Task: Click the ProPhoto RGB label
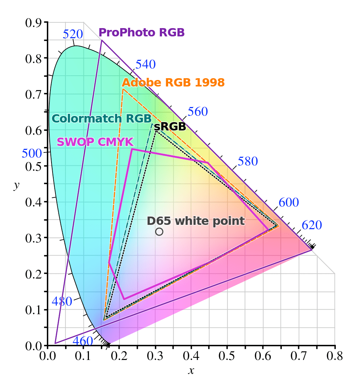pyautogui.click(x=141, y=33)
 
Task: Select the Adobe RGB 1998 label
pyautogui.click(x=173, y=83)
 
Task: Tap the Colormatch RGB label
pyautogui.click(x=102, y=119)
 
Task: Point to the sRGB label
pyautogui.click(x=170, y=126)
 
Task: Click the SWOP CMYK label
pyautogui.click(x=95, y=142)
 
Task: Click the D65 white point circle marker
pyautogui.click(x=159, y=232)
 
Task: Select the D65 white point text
pyautogui.click(x=195, y=221)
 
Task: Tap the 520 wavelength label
pyautogui.click(x=73, y=34)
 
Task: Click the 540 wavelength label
pyautogui.click(x=145, y=64)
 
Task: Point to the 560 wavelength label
pyautogui.click(x=198, y=112)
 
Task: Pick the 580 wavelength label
pyautogui.click(x=248, y=161)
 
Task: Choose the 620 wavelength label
pyautogui.click(x=311, y=225)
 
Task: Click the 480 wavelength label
pyautogui.click(x=62, y=302)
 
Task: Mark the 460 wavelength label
pyautogui.click(x=83, y=341)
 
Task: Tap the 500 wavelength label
pyautogui.click(x=32, y=153)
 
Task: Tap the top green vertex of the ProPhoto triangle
pyautogui.click(x=102, y=40)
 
